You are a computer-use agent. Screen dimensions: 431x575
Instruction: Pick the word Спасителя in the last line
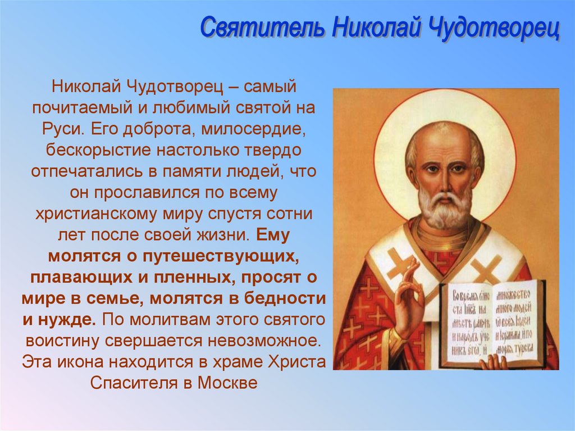click(135, 383)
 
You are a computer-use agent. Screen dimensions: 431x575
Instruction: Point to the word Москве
click(230, 383)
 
